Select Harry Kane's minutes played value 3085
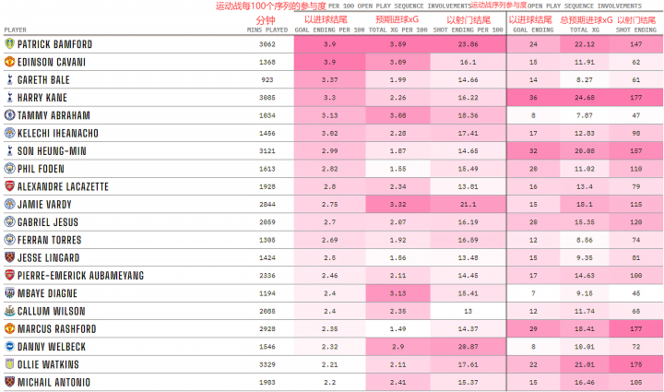click(x=267, y=97)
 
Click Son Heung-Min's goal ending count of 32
click(x=534, y=151)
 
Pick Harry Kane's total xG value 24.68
click(x=586, y=97)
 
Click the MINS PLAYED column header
click(x=267, y=30)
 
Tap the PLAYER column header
click(x=16, y=30)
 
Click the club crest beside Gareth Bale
click(x=8, y=80)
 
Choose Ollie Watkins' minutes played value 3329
click(x=267, y=364)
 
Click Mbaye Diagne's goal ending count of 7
click(x=534, y=293)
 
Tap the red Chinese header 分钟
click(x=266, y=18)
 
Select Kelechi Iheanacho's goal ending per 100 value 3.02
click(x=329, y=134)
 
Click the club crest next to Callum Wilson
click(x=8, y=311)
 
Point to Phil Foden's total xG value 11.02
click(x=586, y=169)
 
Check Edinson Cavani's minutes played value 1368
click(x=267, y=62)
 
